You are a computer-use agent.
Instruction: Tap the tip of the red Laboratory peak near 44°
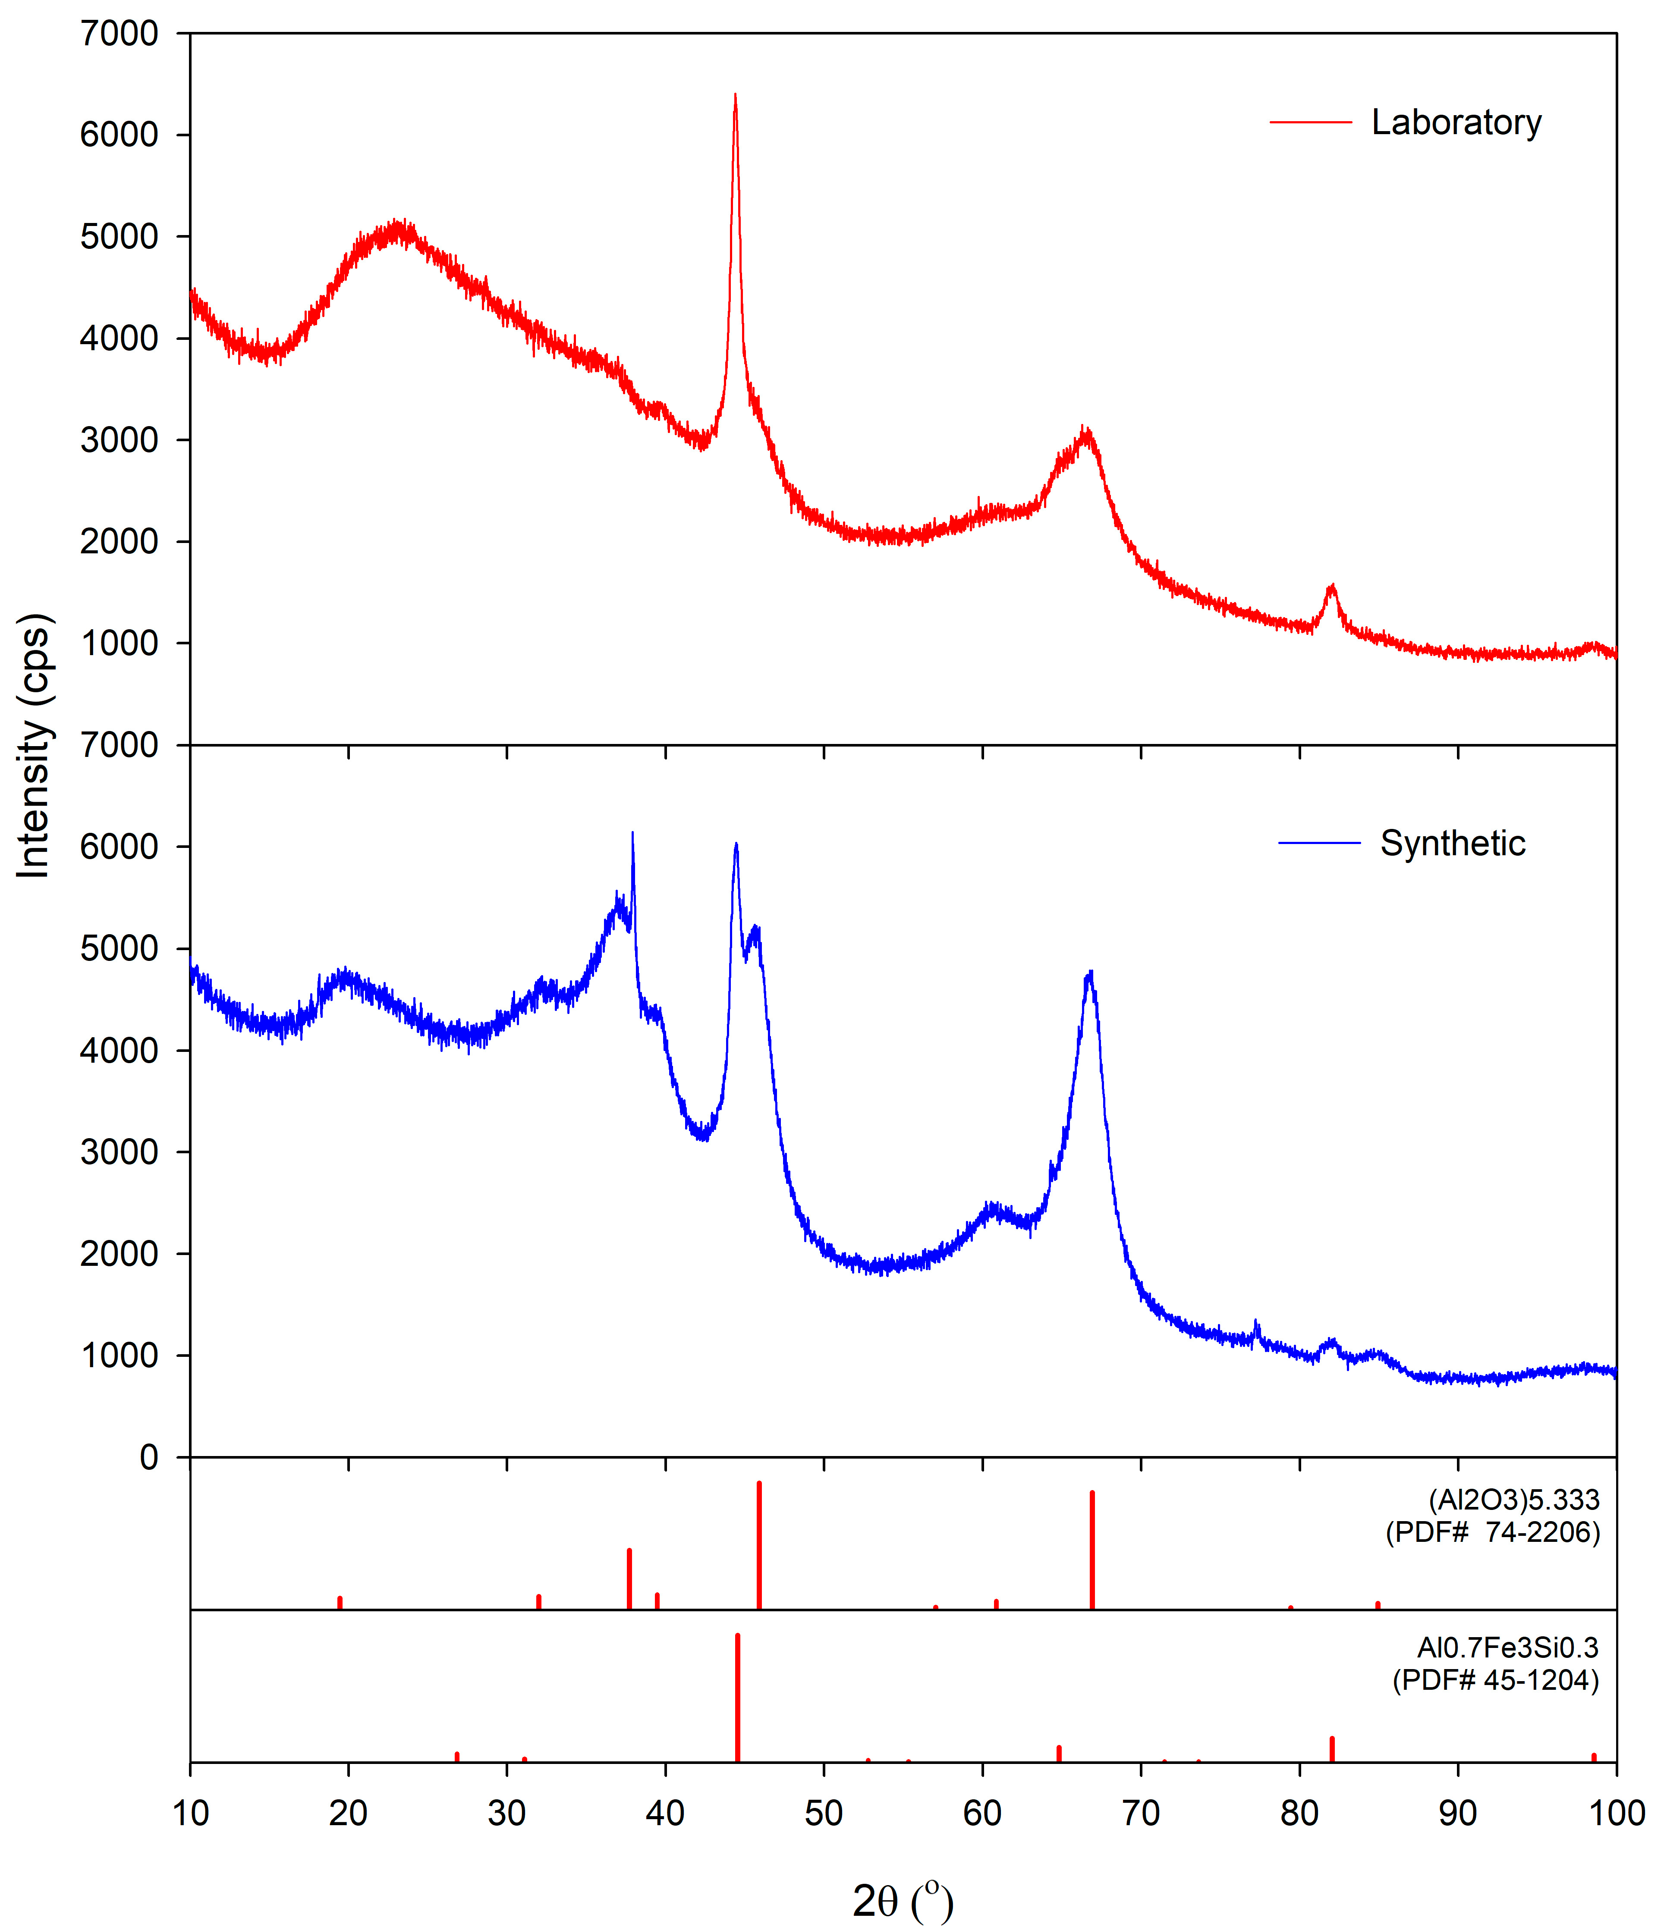[735, 95]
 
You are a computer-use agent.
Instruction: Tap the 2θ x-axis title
[902, 1900]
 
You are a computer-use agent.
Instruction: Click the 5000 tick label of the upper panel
[119, 237]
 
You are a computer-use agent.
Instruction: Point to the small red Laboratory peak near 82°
[1331, 587]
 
